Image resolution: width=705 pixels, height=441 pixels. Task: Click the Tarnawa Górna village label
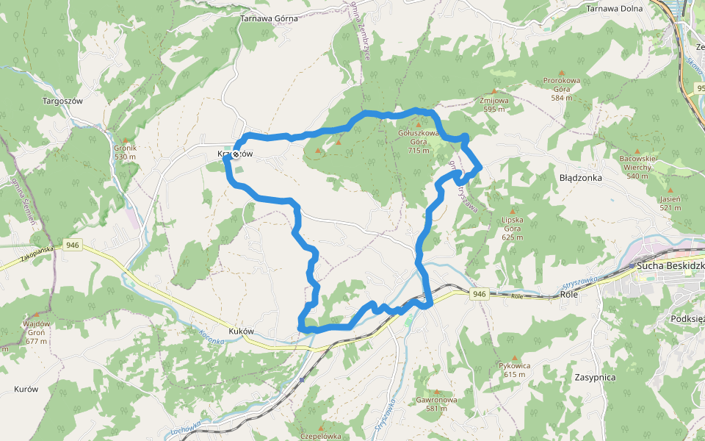pyautogui.click(x=267, y=18)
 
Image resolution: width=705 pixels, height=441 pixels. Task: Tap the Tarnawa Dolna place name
pyautogui.click(x=614, y=9)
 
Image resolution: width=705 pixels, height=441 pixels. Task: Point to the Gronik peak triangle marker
pyautogui.click(x=126, y=140)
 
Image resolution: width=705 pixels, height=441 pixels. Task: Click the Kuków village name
pyautogui.click(x=242, y=331)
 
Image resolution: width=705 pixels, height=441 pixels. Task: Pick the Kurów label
pyautogui.click(x=26, y=389)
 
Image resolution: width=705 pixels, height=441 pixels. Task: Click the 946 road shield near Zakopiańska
pyautogui.click(x=72, y=245)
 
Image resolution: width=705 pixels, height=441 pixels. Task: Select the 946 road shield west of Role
pyautogui.click(x=479, y=294)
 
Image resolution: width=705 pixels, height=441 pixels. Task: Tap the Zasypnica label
pyautogui.click(x=596, y=377)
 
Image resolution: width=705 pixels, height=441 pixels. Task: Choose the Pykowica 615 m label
pyautogui.click(x=514, y=370)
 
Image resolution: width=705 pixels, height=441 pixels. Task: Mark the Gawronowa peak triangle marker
pyautogui.click(x=437, y=392)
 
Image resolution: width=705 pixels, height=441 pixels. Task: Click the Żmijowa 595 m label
pyautogui.click(x=493, y=104)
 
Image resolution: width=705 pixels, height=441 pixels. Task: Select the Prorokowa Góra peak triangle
pyautogui.click(x=562, y=72)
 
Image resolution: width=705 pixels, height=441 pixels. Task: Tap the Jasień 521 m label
pyautogui.click(x=670, y=203)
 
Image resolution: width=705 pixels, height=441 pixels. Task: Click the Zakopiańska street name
pyautogui.click(x=37, y=255)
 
